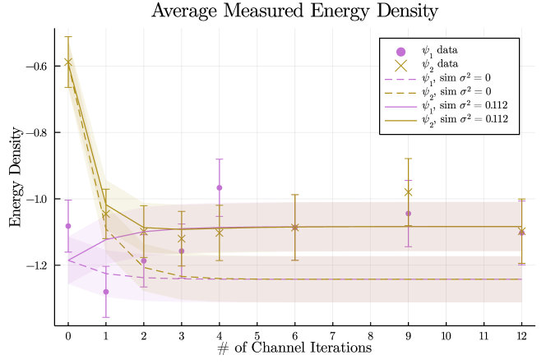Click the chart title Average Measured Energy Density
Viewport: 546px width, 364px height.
[x=294, y=12]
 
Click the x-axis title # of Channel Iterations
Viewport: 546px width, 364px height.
[x=294, y=348]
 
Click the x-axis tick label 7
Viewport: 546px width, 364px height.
[x=333, y=335]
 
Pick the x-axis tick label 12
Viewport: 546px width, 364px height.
[x=521, y=335]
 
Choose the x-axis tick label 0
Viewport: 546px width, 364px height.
[x=68, y=335]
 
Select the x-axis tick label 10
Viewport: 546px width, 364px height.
[x=446, y=335]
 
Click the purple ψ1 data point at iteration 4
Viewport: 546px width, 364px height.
[x=220, y=188]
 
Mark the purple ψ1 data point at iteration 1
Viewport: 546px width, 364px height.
[x=106, y=292]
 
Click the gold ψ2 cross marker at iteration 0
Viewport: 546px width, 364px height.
[x=68, y=62]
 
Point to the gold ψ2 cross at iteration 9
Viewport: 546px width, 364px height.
[x=408, y=192]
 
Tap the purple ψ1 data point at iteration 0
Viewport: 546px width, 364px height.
[x=68, y=226]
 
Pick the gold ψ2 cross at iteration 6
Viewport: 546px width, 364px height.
[x=295, y=227]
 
